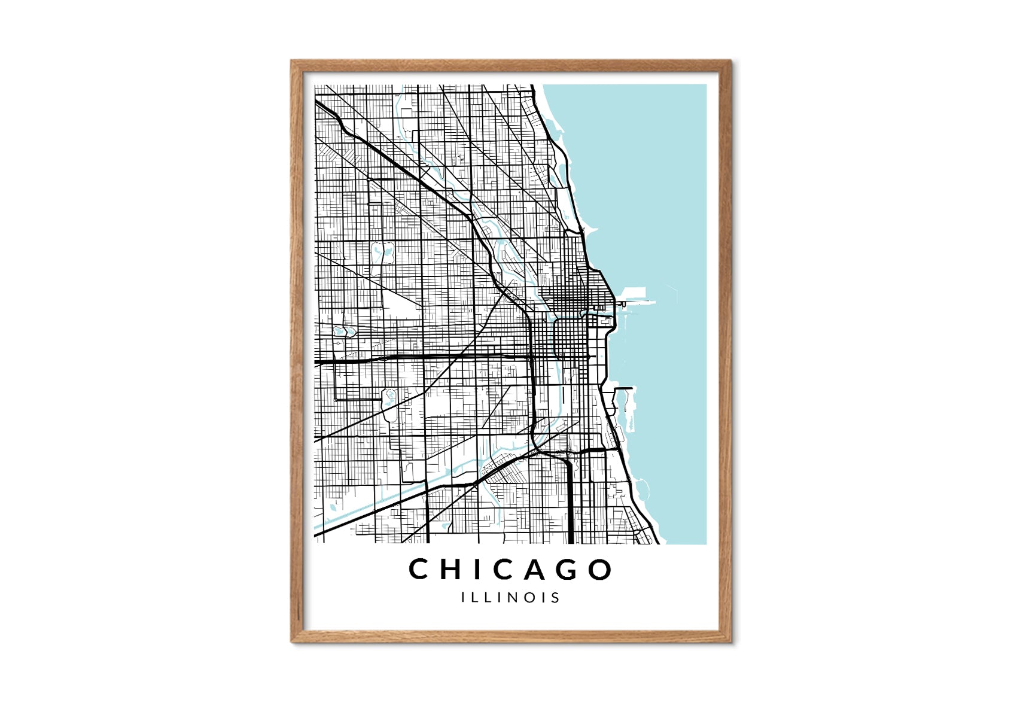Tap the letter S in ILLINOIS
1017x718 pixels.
[x=556, y=597]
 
